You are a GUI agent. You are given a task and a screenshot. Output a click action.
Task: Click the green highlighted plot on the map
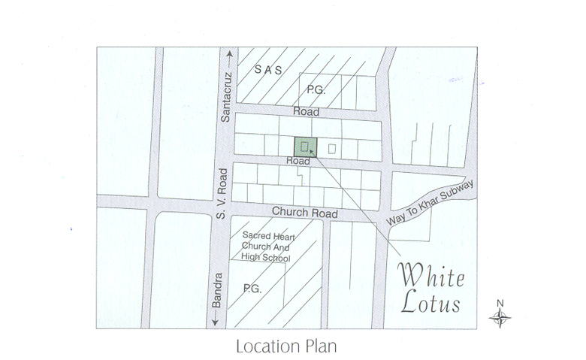(x=305, y=147)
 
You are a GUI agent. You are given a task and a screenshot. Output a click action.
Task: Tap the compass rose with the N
(x=500, y=317)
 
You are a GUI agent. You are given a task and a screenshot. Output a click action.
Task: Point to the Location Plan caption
(x=285, y=347)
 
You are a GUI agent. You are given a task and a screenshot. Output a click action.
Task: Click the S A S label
(x=267, y=70)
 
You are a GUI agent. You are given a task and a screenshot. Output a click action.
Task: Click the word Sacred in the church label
(x=255, y=235)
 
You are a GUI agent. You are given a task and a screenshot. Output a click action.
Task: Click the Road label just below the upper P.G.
(x=307, y=112)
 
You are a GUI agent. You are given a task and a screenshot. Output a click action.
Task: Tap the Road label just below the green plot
(x=298, y=161)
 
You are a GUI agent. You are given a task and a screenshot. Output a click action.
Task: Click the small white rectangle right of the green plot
(x=332, y=148)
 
